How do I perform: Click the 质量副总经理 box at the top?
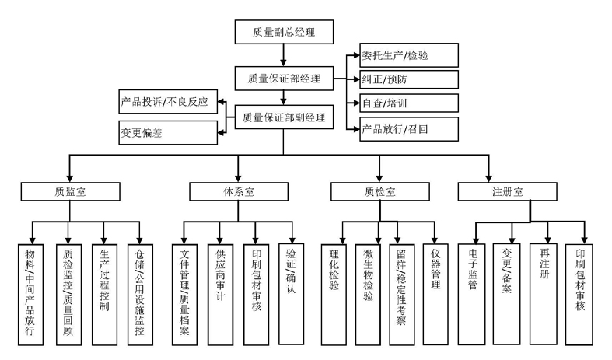click(284, 32)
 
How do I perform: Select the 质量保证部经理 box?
click(284, 77)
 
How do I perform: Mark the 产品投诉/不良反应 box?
click(166, 103)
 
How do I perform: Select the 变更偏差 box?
click(166, 131)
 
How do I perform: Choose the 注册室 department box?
click(506, 191)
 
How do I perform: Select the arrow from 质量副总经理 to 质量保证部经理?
click(284, 54)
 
